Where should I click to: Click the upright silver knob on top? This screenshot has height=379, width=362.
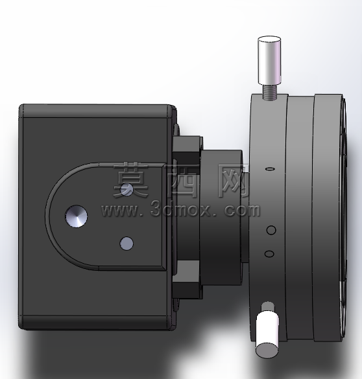270,60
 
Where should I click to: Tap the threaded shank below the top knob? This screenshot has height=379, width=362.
270,93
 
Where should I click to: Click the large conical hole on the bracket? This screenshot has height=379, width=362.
76,216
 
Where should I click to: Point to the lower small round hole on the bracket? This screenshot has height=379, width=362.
127,244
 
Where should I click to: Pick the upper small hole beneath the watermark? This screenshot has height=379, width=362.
127,189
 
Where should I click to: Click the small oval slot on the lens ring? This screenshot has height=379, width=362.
270,168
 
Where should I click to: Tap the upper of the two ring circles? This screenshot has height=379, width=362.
271,230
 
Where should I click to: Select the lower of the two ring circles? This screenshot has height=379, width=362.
269,254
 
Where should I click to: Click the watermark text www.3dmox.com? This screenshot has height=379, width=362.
180,210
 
